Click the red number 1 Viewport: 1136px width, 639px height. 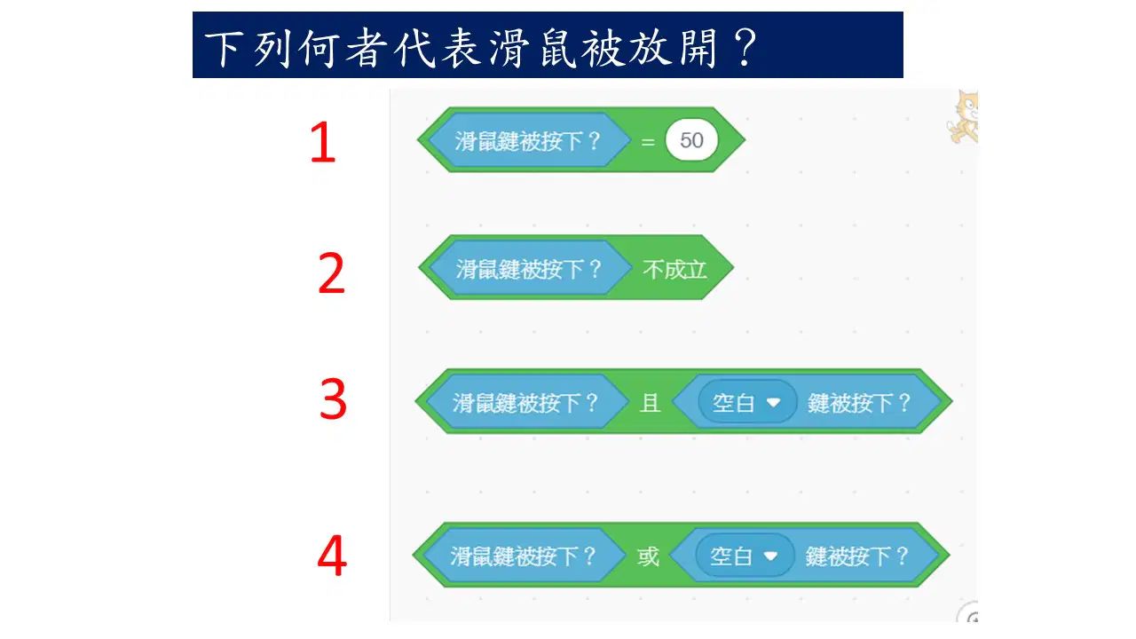point(323,142)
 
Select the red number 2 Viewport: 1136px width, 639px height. point(331,273)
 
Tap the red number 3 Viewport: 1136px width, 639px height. point(333,399)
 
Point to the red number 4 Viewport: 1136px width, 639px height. point(332,556)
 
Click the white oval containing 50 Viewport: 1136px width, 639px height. point(691,140)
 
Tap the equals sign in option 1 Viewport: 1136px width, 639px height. point(648,142)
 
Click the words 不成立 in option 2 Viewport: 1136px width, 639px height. point(674,269)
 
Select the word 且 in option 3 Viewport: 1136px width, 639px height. point(651,403)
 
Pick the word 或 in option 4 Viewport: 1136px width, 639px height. point(648,556)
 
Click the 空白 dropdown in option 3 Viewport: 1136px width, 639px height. point(747,403)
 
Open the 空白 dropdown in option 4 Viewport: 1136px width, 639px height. point(745,556)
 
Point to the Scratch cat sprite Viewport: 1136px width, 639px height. point(963,117)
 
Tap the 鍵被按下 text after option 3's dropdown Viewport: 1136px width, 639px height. point(859,403)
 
